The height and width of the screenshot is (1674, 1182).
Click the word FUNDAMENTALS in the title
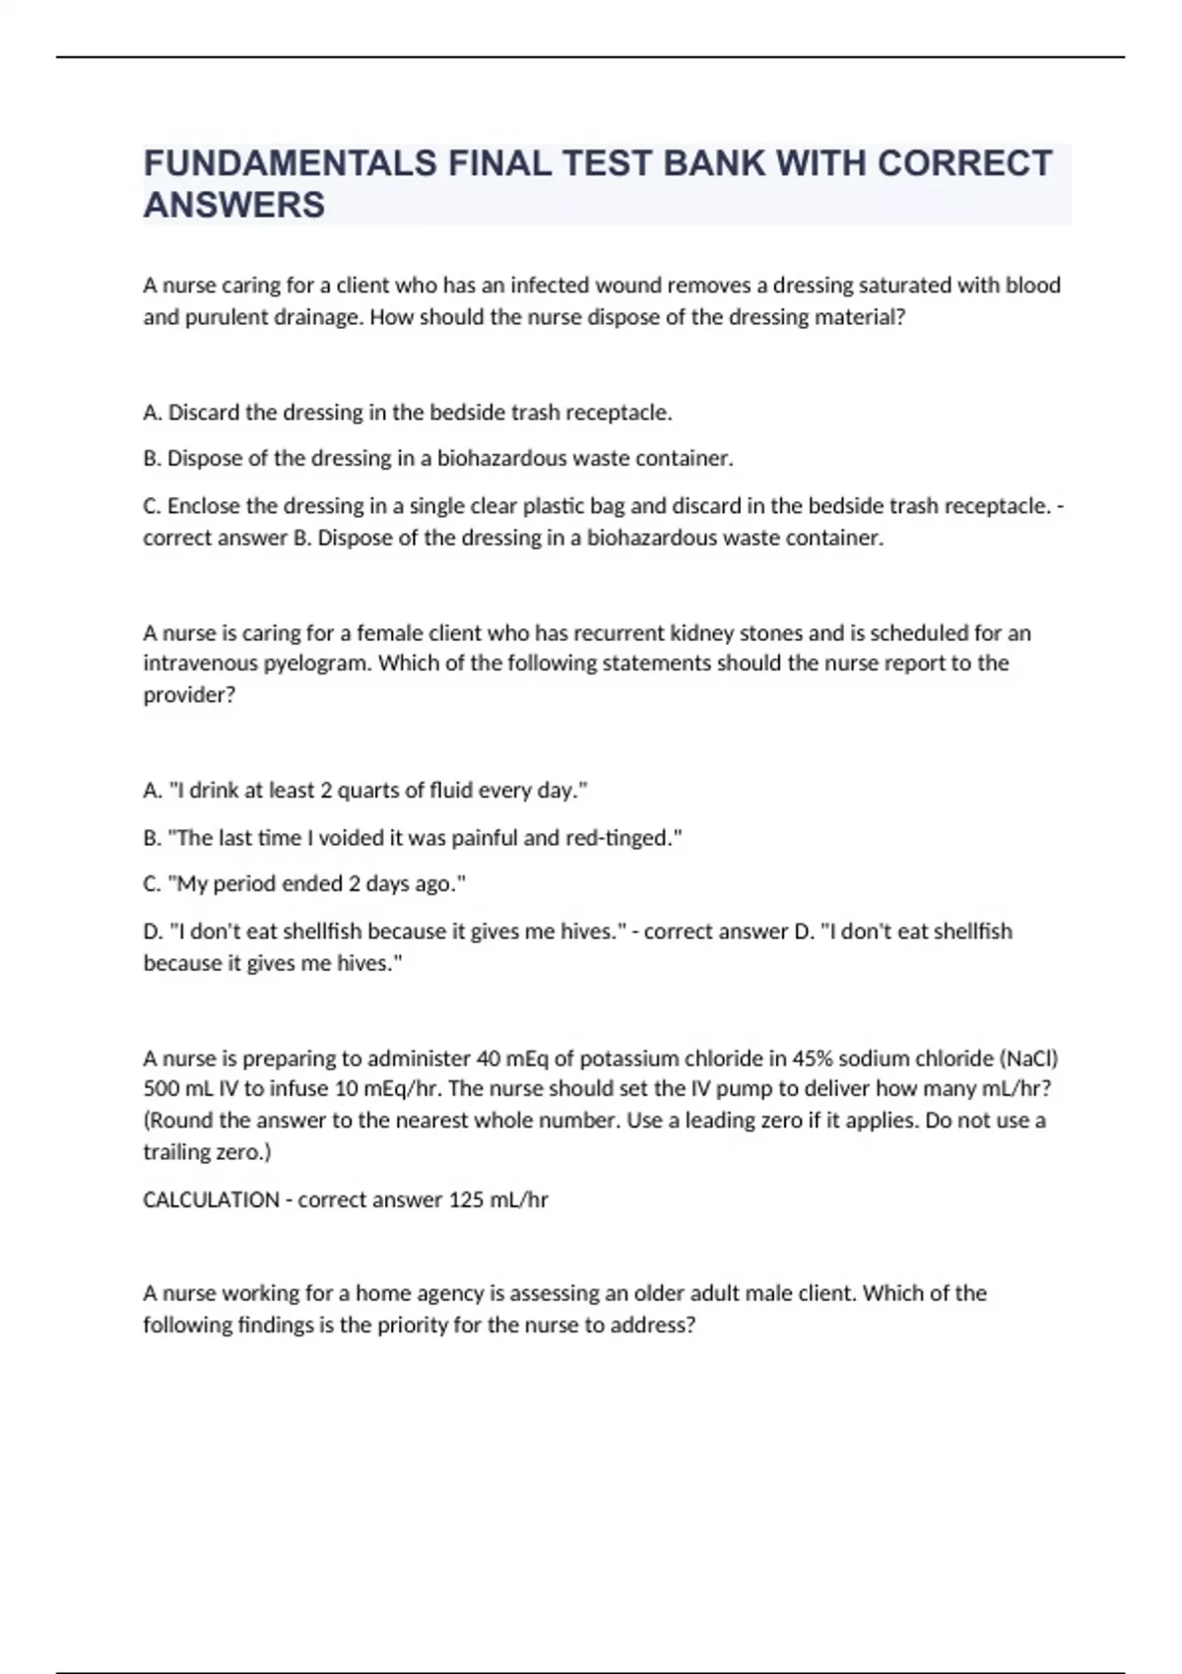[x=290, y=163]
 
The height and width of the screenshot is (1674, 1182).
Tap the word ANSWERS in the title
[x=234, y=205]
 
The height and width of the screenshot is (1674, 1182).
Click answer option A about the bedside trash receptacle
[x=408, y=413]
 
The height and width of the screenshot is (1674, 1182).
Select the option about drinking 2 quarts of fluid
[x=365, y=791]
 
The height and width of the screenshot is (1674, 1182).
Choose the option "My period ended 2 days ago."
[x=304, y=884]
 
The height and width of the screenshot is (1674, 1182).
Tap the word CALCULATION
[x=211, y=1199]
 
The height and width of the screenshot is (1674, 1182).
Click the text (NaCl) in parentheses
[x=1028, y=1059]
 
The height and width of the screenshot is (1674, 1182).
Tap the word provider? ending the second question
[x=189, y=695]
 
